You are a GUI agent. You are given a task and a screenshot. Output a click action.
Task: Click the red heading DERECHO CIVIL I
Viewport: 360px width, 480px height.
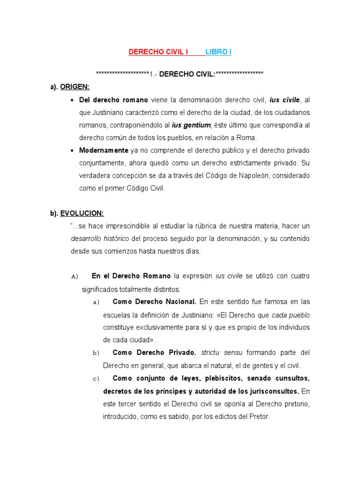[158, 52]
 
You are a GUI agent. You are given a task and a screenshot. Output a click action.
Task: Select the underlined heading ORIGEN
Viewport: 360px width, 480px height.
[75, 87]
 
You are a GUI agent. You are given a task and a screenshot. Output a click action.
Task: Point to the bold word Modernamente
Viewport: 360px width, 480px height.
[104, 150]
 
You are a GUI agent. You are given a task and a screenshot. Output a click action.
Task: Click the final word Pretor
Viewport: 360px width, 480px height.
[261, 416]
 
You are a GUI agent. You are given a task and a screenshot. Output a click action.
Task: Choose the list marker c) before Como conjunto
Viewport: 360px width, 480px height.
[96, 379]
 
